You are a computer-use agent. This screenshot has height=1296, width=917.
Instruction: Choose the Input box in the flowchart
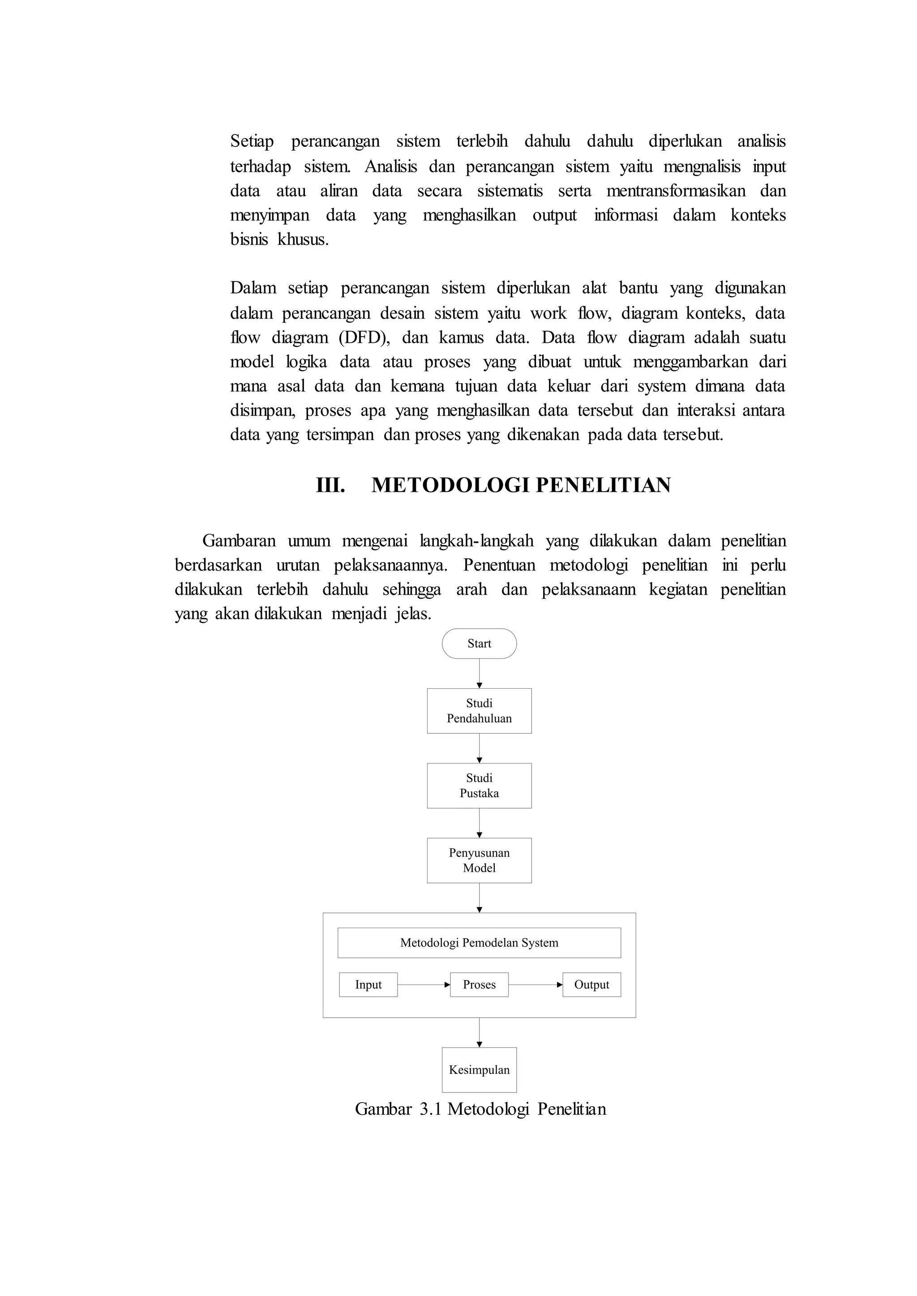[368, 985]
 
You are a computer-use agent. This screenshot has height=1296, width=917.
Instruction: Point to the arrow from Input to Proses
[424, 985]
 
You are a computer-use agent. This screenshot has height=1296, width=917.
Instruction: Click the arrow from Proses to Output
[536, 985]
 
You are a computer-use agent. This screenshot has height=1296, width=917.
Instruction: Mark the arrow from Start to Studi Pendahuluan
[480, 674]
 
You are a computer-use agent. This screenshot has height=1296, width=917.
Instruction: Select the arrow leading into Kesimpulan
[480, 1032]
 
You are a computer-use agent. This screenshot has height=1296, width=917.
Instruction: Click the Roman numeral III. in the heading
[330, 486]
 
